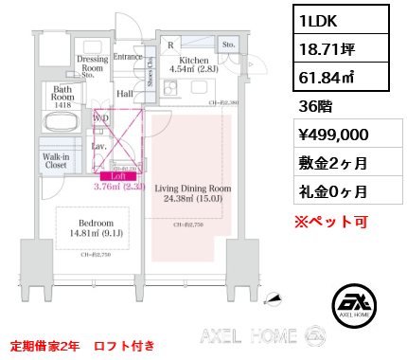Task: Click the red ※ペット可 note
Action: tap(331, 223)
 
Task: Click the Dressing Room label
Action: tap(92, 63)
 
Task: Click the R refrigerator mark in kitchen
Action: tap(169, 44)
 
